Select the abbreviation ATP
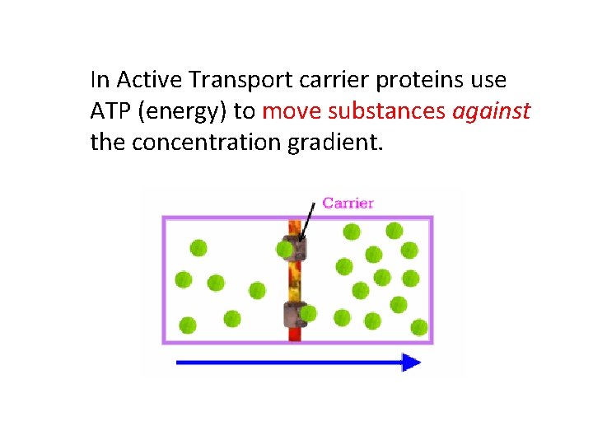[108, 110]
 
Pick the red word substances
[387, 110]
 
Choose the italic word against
[492, 111]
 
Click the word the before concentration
[107, 142]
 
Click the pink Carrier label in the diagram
[348, 203]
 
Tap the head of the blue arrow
[411, 363]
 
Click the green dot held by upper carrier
[285, 249]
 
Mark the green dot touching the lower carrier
[309, 313]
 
